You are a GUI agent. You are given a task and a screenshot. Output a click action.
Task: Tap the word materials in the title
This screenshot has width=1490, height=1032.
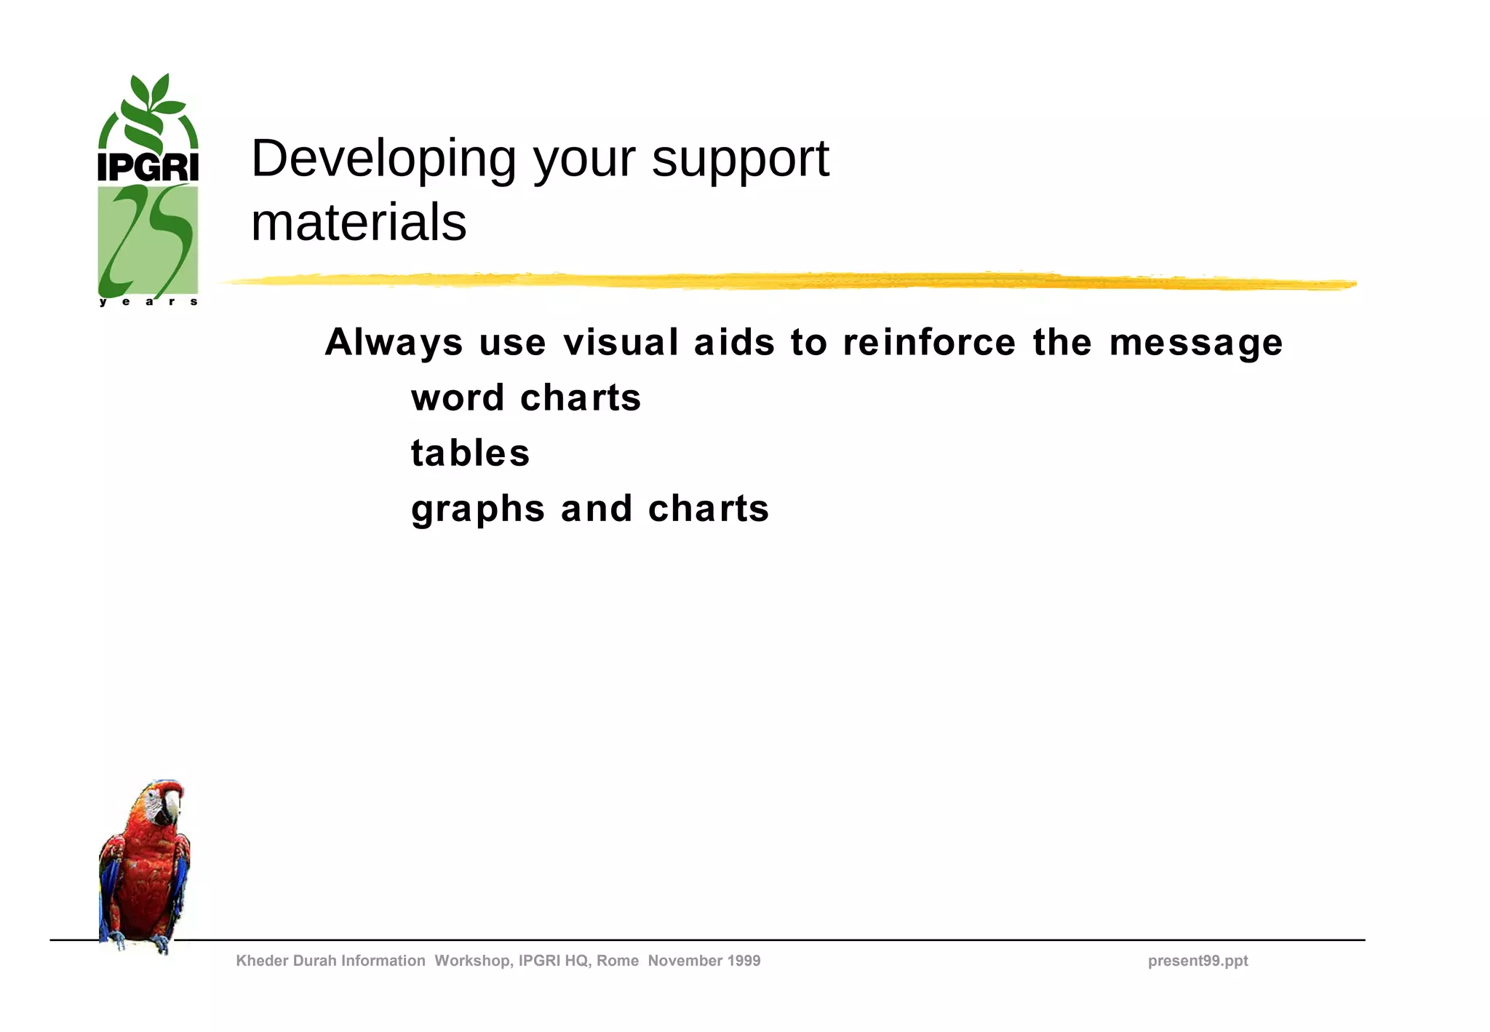(358, 222)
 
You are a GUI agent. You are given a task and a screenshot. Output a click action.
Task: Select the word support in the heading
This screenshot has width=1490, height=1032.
(740, 159)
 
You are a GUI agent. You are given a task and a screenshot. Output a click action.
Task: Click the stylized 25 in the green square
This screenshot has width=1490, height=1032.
(148, 240)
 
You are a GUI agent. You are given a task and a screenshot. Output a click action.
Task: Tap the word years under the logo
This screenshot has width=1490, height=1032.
(148, 301)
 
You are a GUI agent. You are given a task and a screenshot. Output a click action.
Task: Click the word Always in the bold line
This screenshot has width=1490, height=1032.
(394, 342)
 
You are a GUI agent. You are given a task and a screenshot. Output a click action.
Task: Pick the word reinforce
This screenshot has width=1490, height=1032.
(929, 342)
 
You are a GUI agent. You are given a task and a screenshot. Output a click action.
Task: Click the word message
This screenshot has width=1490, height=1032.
(1195, 342)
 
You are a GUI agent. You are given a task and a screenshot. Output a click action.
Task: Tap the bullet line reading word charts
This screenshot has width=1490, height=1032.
(525, 398)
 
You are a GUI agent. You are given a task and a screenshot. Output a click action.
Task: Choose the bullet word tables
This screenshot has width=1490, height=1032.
(470, 453)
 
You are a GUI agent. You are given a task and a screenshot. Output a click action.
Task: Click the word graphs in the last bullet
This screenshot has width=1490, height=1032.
(478, 509)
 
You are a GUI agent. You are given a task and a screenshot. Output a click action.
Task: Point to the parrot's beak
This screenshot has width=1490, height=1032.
(172, 806)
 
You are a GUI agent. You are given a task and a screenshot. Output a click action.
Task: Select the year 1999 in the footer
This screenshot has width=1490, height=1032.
(743, 961)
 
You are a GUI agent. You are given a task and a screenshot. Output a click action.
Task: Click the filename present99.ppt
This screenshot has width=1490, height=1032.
(1198, 961)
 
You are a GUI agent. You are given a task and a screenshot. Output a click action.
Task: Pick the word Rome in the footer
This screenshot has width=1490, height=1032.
(617, 961)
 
